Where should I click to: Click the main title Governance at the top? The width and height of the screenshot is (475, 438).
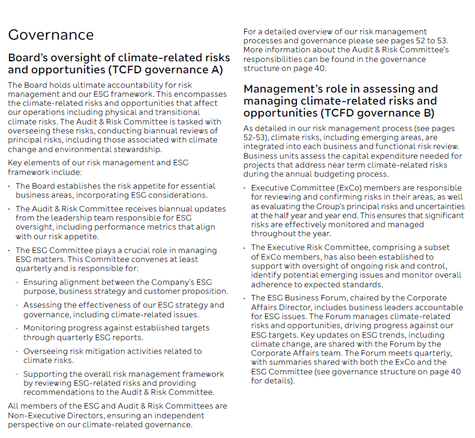click(51, 35)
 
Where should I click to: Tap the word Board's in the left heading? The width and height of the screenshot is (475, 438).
click(27, 58)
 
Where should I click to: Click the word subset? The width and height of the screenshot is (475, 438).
click(435, 248)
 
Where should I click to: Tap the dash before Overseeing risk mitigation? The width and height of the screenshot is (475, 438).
click(17, 351)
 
